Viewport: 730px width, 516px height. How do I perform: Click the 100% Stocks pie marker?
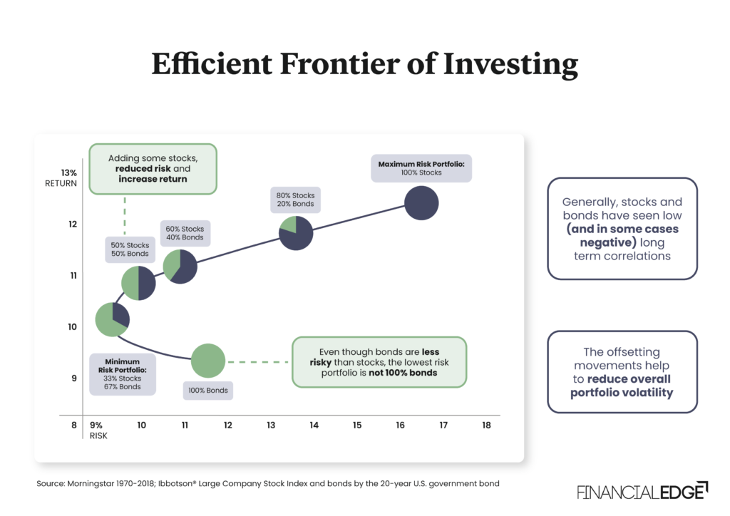coord(421,202)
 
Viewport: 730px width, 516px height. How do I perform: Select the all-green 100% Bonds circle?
coord(208,361)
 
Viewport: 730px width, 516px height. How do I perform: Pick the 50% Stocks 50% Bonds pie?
coord(138,283)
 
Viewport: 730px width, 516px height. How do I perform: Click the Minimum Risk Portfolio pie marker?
coord(113,319)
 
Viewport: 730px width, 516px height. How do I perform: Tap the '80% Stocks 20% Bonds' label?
coord(295,200)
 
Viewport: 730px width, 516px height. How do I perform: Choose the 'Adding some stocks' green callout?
coord(153,168)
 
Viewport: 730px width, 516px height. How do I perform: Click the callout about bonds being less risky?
coord(379,362)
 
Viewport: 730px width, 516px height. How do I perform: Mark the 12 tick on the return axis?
coord(72,225)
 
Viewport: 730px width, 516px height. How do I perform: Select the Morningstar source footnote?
coord(267,483)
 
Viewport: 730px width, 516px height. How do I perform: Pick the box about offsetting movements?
coord(622,372)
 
